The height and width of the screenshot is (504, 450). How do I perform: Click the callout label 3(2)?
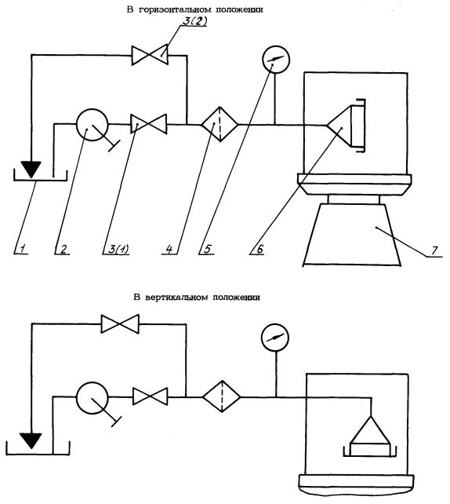click(194, 21)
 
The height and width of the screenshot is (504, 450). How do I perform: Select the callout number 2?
click(64, 249)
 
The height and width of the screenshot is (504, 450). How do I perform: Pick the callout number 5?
click(208, 249)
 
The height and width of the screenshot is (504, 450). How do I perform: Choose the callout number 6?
click(259, 249)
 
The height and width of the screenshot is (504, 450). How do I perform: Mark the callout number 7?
click(434, 250)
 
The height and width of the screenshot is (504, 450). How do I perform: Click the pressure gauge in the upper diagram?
click(276, 59)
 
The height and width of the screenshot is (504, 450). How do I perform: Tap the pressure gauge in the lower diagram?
click(275, 338)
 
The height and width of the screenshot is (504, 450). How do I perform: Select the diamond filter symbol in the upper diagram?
click(220, 124)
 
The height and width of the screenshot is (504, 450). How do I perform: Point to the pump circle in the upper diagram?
click(93, 125)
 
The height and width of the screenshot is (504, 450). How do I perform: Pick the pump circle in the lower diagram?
click(93, 397)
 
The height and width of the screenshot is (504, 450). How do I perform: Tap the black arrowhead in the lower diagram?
click(31, 441)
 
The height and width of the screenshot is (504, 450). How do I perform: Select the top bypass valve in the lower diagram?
click(120, 324)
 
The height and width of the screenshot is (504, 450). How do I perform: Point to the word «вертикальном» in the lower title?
click(177, 298)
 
